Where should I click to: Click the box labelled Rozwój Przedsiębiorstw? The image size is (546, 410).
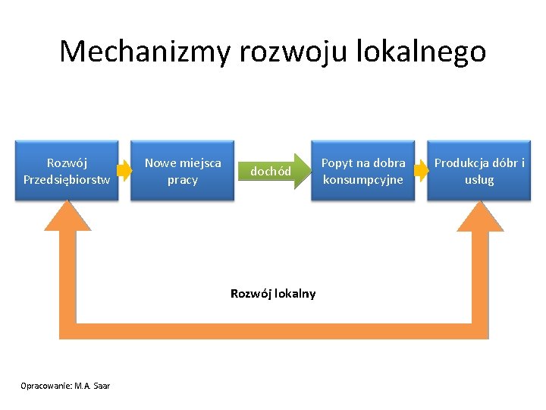point(67,171)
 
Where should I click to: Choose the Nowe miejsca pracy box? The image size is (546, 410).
point(182,171)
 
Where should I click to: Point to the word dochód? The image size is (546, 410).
point(271,172)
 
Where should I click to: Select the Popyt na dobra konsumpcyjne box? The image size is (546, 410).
point(363,171)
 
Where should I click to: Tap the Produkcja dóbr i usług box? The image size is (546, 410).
point(479,171)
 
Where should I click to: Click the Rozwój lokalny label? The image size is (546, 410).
point(273,294)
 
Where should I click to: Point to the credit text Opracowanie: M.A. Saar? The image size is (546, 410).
point(67,386)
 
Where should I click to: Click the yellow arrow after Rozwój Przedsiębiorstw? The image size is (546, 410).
point(124,172)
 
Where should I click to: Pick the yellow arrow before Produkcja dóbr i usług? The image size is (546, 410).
point(422,172)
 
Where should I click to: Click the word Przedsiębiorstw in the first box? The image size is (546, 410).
point(67,180)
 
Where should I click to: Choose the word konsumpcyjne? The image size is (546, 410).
point(363,180)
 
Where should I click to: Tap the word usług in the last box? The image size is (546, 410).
point(479,180)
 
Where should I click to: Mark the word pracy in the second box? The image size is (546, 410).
point(182,180)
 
